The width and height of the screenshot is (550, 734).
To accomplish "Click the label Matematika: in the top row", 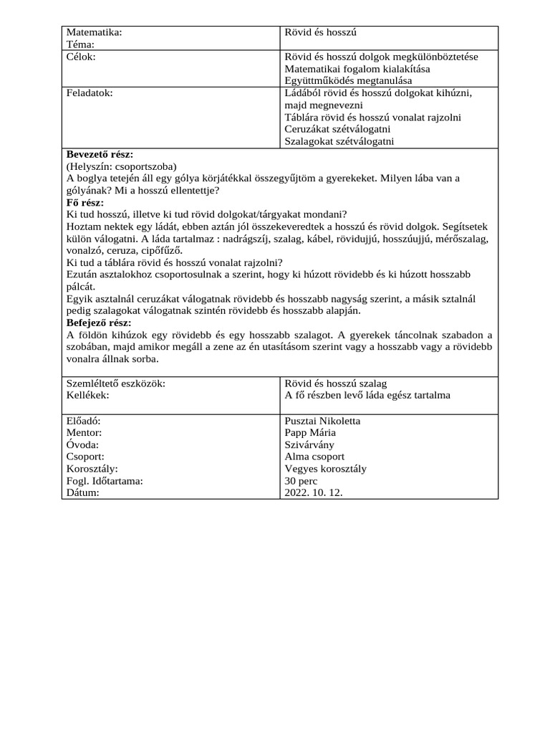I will [x=94, y=32].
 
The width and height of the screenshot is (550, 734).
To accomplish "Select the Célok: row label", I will [x=81, y=57].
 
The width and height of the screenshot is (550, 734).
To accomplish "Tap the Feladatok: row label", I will [x=90, y=93].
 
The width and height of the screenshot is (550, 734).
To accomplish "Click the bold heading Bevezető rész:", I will [x=100, y=154].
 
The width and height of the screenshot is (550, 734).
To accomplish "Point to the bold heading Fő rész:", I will [x=85, y=202].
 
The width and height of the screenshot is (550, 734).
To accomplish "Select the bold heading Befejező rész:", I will [x=99, y=323].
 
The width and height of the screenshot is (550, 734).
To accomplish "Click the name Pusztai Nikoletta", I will [x=322, y=421].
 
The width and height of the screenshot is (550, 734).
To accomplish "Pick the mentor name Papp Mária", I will [x=309, y=433].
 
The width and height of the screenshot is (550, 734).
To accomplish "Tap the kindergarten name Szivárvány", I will [x=309, y=444].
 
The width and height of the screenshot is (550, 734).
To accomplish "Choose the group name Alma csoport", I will [x=314, y=457].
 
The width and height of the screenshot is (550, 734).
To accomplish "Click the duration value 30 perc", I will [x=301, y=481].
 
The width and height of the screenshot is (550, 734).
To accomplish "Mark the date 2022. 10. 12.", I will [x=314, y=493].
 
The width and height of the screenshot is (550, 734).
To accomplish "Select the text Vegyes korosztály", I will [x=325, y=469].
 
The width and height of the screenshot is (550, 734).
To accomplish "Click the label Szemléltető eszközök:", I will [x=115, y=383].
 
